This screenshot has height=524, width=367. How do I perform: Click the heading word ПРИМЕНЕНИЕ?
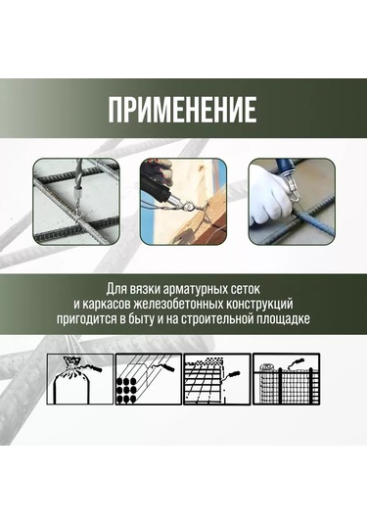coord(183,110)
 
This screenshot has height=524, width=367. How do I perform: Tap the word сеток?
coord(246,289)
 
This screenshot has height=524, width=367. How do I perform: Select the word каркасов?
coord(106,304)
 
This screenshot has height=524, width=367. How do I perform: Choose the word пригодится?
coord(86,319)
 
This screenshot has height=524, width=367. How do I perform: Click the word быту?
coord(140,319)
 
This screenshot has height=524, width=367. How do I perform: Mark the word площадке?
coord(285,319)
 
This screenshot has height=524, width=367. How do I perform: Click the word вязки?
coord(140,289)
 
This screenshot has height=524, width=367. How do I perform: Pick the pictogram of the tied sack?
coord(80,379)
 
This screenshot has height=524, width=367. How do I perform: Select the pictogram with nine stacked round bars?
coord(149,379)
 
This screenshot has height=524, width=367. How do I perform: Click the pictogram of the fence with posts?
coord(286,379)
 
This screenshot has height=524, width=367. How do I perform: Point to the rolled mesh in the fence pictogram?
coord(268,383)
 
